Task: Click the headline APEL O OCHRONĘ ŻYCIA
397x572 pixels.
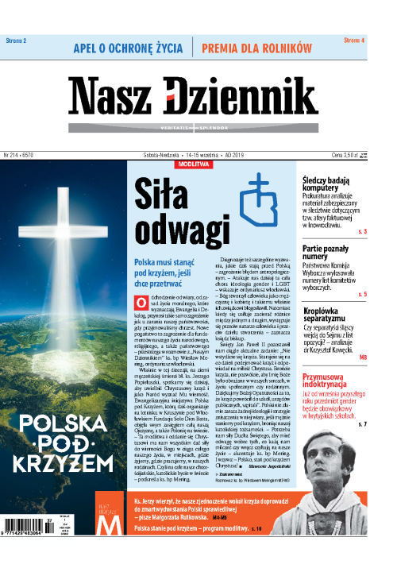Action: coord(129,48)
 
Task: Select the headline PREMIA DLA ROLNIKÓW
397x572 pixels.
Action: coord(256,48)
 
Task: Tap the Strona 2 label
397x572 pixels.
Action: coord(16,40)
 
